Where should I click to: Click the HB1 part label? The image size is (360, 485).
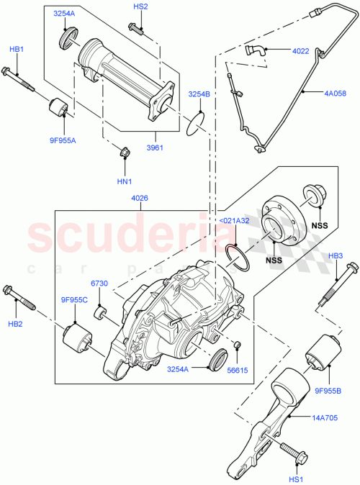click(16, 49)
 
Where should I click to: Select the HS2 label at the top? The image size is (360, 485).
click(140, 6)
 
